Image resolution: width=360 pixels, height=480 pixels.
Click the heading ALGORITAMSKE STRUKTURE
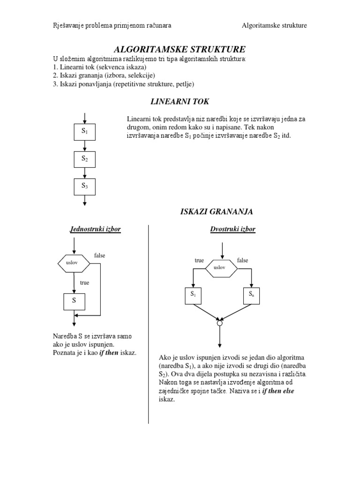tap(180, 50)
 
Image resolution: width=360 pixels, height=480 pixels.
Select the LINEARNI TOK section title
tap(180, 101)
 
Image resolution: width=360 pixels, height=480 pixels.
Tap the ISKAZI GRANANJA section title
tap(217, 212)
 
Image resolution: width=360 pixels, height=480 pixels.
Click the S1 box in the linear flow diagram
tap(85, 132)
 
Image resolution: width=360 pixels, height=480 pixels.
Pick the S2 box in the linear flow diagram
tap(85, 159)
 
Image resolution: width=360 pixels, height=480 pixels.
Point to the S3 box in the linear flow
tap(85, 186)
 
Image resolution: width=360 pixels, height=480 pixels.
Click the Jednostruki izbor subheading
tap(95, 229)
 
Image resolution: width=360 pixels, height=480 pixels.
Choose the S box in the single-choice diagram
tap(74, 301)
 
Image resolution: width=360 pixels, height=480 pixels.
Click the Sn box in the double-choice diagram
tap(251, 295)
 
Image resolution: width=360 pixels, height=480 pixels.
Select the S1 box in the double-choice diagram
tap(193, 295)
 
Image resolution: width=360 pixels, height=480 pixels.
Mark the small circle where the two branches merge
tap(219, 323)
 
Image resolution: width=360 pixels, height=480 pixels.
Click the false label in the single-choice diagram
tap(100, 255)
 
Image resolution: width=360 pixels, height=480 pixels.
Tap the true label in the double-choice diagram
tap(199, 260)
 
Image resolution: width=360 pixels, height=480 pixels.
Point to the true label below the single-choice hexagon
tap(84, 283)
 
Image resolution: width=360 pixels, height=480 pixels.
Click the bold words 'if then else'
tap(278, 391)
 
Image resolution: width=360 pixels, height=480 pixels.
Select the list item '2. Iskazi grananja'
tap(104, 75)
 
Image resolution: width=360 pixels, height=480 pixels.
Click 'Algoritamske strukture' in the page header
tap(274, 25)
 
